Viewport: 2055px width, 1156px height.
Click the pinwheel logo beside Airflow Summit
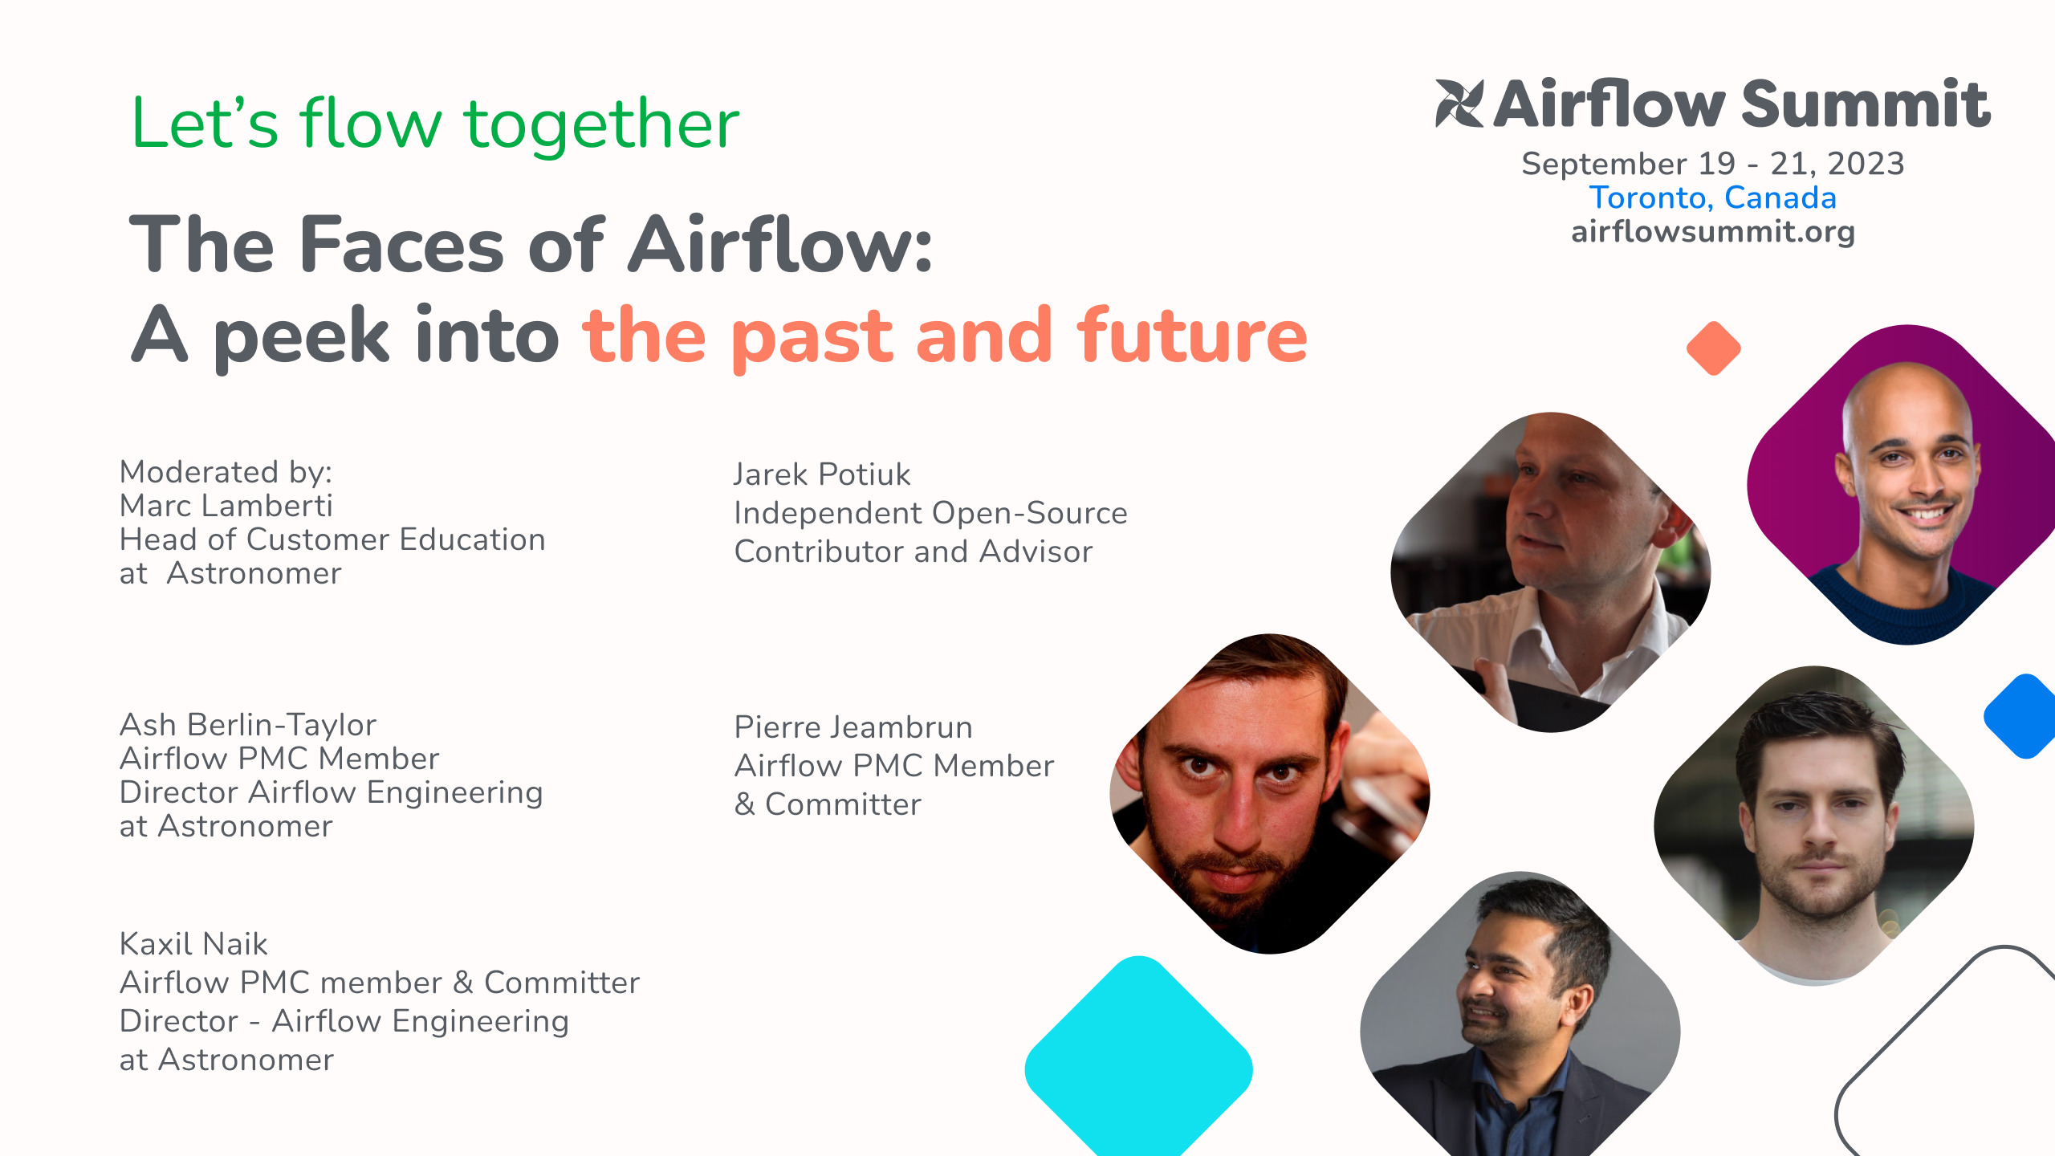(x=1459, y=104)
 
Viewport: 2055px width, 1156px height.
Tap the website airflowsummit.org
(x=1713, y=232)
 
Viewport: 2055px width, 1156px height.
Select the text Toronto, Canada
(x=1713, y=197)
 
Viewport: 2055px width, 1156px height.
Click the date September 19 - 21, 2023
(x=1713, y=164)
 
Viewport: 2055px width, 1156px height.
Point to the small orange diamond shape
(x=1713, y=348)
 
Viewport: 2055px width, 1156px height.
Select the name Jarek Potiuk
(x=822, y=474)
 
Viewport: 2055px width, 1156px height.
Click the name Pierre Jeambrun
(x=853, y=727)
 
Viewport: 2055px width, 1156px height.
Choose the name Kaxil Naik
(x=193, y=944)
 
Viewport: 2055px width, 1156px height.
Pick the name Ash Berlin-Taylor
(x=248, y=725)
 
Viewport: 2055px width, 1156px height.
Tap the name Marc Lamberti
(x=226, y=506)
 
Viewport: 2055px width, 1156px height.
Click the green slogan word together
(x=601, y=124)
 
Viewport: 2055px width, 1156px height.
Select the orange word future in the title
(x=1192, y=336)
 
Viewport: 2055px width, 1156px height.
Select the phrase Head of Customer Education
(x=332, y=539)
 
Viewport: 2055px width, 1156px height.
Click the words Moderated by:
(x=226, y=472)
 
